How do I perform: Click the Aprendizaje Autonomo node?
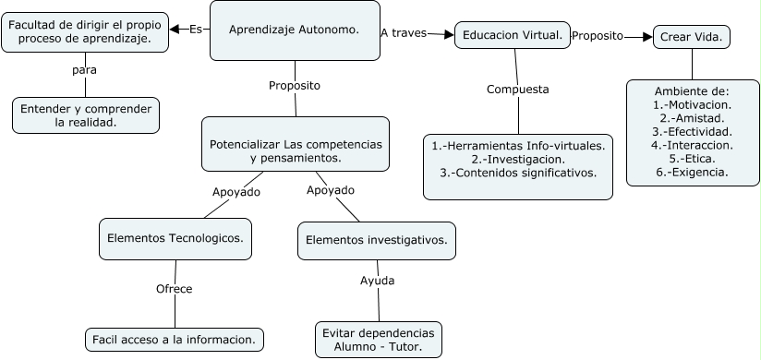point(294,30)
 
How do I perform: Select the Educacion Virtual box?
point(512,35)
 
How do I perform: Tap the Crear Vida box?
point(692,37)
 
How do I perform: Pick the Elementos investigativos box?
point(377,241)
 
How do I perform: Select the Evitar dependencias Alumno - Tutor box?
point(377,340)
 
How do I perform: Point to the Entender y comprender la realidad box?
point(86,115)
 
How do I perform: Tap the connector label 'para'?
point(84,69)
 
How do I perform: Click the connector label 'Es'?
point(195,29)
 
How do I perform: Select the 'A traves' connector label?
point(403,32)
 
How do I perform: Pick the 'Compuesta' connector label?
point(518,90)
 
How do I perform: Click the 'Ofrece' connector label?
point(174,289)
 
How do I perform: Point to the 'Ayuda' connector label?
point(377,281)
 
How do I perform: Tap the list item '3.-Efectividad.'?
point(692,132)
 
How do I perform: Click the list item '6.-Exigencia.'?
point(692,172)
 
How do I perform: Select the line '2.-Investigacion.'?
point(518,159)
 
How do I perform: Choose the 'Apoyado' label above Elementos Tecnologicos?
point(236,192)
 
